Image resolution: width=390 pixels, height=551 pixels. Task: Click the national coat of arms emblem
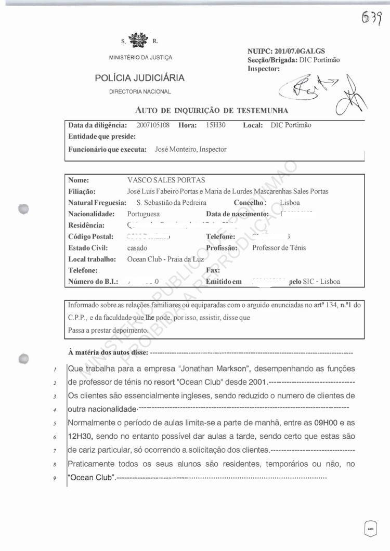tap(138, 39)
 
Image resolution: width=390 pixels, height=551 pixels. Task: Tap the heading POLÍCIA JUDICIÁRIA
tap(139, 78)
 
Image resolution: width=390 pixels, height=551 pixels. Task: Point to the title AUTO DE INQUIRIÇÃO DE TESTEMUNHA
tap(212, 110)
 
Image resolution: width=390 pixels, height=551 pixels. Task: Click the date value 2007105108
tap(153, 125)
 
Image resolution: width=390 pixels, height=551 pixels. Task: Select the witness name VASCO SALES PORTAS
tap(166, 180)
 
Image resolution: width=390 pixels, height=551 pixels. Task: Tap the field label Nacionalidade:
tap(91, 214)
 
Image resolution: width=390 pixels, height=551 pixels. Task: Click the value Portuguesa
tap(144, 214)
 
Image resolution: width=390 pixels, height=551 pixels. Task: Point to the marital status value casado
tap(137, 247)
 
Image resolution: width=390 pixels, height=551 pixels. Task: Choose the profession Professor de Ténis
tap(279, 247)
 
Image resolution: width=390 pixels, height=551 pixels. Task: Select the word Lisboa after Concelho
tap(290, 202)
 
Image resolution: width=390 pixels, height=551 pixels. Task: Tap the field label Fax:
tap(213, 270)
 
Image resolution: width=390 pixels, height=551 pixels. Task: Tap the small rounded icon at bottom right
tap(370, 529)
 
